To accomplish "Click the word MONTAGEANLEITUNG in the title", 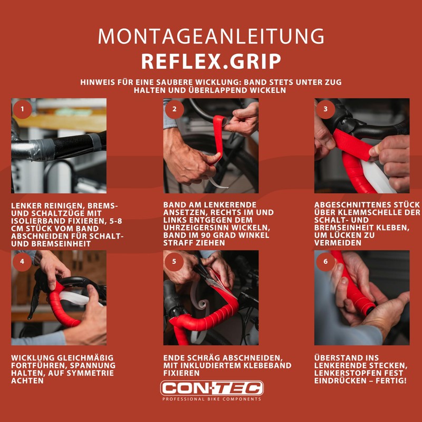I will point(211,36).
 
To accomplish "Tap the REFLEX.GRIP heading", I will point(211,61).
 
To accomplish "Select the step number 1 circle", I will point(22,109).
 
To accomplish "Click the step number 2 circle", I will point(174,109).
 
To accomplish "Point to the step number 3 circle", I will point(325,109).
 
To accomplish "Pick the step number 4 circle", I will point(22,261).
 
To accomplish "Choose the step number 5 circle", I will point(174,261).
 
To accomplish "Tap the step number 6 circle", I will point(325,261).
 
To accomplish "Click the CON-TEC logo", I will point(211,388).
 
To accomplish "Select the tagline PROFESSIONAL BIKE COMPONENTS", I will point(211,399).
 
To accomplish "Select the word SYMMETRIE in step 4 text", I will point(94,373).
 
